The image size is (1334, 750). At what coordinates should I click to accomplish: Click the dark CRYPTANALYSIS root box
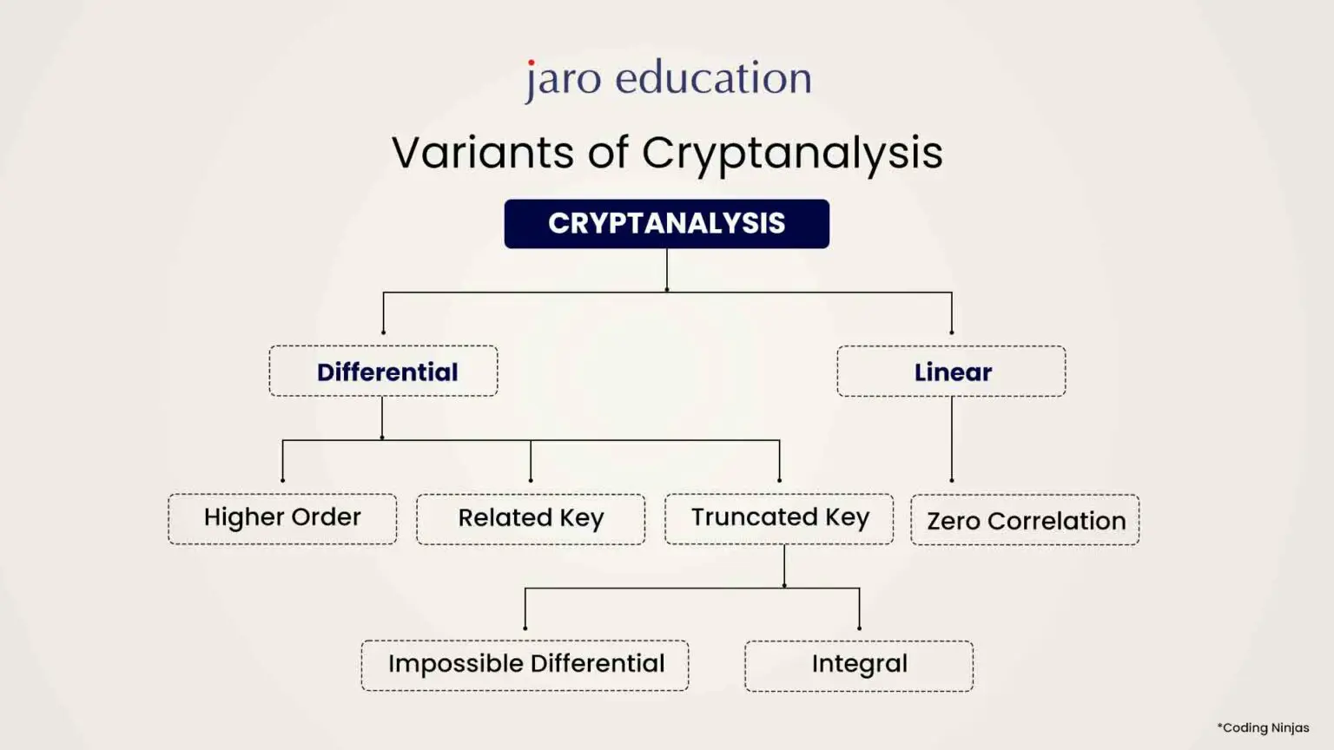pos(666,224)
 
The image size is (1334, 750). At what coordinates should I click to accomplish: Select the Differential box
pos(383,372)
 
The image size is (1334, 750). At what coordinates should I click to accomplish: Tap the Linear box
pos(951,372)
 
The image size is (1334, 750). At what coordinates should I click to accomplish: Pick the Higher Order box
pos(282,518)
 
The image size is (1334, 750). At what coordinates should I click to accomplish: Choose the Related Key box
pos(531,518)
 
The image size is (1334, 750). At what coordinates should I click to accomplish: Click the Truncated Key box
pos(779,518)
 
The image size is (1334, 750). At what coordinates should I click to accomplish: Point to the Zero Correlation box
pos(1025,520)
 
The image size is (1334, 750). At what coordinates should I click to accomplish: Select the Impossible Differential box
pos(525,665)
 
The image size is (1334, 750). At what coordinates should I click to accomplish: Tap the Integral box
pos(859,665)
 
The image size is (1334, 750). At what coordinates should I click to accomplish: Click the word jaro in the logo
pos(563,80)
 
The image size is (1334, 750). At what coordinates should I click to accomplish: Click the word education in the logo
pos(713,78)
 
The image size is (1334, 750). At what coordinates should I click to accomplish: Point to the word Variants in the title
pos(482,153)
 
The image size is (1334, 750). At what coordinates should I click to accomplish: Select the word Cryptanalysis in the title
pos(792,154)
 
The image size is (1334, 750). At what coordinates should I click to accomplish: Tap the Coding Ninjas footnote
pos(1263,727)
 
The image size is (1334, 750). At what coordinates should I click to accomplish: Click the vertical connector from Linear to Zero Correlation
pos(952,438)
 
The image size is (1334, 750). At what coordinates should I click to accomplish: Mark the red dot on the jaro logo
pos(532,62)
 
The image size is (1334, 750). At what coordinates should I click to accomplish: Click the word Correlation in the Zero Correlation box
pos(1056,521)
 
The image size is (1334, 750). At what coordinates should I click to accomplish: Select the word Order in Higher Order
pos(326,517)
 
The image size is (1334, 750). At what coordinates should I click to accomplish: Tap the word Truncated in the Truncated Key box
pos(754,517)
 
